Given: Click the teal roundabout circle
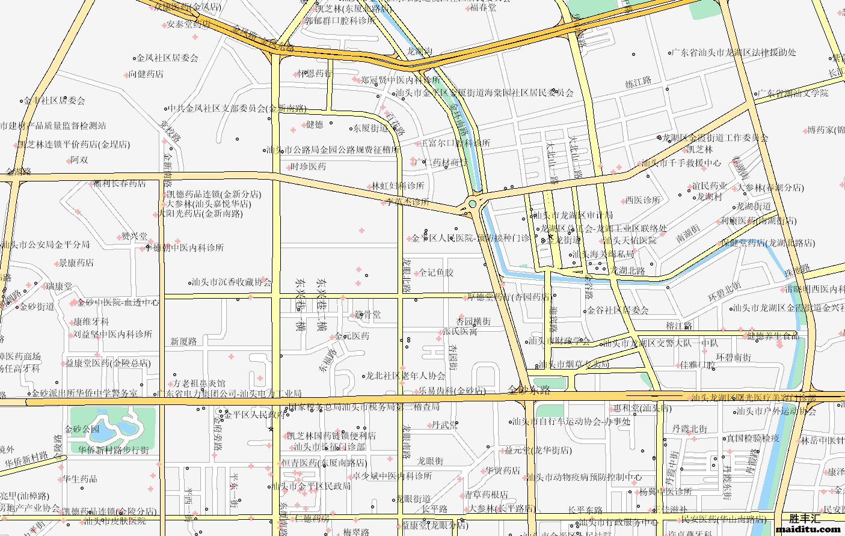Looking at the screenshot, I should click(x=473, y=204).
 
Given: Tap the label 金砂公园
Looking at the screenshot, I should click(x=82, y=429).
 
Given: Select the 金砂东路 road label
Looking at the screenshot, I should click(x=529, y=390).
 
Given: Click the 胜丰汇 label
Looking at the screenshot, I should click(x=805, y=518).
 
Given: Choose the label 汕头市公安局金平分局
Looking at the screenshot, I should click(x=45, y=245).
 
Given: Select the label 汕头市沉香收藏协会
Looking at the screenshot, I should click(x=232, y=282).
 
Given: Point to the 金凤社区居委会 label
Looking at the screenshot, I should click(x=167, y=58).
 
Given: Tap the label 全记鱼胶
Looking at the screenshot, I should click(x=436, y=273).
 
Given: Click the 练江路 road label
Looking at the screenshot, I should click(x=638, y=82).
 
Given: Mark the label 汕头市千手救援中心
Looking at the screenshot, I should click(x=681, y=163).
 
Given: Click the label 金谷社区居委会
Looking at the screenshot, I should click(x=618, y=311).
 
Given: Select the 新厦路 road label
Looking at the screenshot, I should click(x=183, y=341).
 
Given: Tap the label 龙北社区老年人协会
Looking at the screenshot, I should click(x=405, y=376).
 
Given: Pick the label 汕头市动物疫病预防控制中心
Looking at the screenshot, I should click(x=584, y=478).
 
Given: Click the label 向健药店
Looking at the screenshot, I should click(x=146, y=75).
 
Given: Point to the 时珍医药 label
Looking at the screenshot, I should click(x=308, y=166).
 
